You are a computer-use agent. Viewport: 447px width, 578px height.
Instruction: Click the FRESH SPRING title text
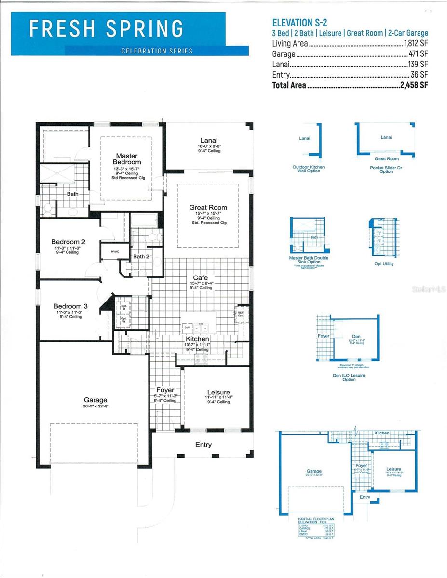106,29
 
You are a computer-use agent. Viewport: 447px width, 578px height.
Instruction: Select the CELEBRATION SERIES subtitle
157,51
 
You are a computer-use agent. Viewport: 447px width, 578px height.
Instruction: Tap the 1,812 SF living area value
416,43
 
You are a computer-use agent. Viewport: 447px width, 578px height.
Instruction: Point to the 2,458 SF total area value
413,85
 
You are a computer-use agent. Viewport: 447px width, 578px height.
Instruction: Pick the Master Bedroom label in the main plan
127,159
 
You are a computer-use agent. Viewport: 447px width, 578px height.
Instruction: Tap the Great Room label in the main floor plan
208,207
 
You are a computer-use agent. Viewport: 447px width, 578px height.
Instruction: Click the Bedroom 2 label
68,242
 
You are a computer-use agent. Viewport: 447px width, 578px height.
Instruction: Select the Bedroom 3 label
70,306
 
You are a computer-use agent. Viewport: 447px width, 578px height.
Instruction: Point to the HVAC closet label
115,252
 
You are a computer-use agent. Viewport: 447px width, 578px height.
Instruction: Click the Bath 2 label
141,257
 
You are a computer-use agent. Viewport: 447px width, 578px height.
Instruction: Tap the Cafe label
201,277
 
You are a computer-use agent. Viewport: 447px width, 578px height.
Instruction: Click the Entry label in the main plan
203,445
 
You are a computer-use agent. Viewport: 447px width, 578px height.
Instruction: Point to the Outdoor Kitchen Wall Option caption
308,169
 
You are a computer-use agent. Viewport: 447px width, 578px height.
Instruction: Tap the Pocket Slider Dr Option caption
386,169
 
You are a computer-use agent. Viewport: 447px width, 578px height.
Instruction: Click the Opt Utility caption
384,263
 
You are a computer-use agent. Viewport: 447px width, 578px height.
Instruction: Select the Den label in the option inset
356,337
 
